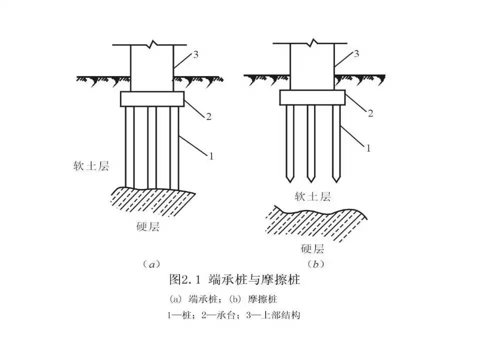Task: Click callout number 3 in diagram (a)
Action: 196,54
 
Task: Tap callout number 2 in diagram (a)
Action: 208,117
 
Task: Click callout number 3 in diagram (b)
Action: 356,53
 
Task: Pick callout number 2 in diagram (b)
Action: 370,113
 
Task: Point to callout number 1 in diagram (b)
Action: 368,148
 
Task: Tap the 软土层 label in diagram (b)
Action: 313,196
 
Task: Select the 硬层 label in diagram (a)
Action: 147,227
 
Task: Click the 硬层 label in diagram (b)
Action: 313,248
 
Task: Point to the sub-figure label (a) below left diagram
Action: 150,263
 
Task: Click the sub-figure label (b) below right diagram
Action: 315,263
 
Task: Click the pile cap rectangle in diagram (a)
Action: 152,99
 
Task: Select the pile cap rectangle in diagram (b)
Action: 312,97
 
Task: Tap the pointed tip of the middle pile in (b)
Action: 311,180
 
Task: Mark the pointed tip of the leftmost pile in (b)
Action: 289,180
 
